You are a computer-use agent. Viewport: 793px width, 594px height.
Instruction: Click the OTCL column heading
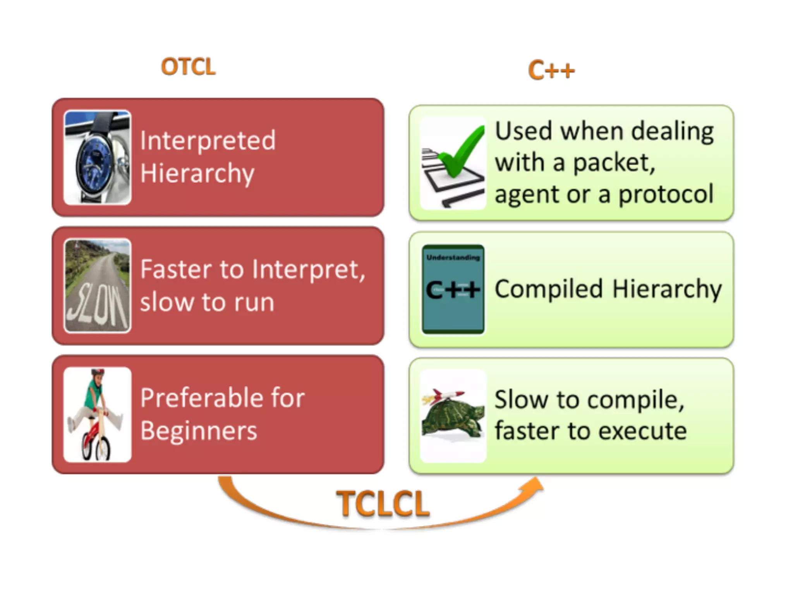pos(188,67)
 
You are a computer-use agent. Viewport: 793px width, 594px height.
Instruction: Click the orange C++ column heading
pos(551,70)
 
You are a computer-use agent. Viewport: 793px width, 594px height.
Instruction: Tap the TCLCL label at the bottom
pos(383,504)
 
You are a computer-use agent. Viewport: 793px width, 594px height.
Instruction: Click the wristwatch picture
pos(98,157)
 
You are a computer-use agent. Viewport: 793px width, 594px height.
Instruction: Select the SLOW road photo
pos(98,286)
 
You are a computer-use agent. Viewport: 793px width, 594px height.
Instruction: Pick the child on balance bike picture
pos(98,414)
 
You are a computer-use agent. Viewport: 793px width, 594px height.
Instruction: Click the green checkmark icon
pos(461,153)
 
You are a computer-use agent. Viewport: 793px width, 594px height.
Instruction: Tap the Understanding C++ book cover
pos(453,289)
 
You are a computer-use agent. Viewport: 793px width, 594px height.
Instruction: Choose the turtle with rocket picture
pos(453,416)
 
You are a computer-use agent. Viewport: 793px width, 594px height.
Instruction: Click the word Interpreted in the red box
pos(208,140)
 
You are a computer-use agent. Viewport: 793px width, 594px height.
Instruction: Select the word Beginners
pos(198,430)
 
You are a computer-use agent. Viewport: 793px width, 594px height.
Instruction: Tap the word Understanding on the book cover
pos(453,258)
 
